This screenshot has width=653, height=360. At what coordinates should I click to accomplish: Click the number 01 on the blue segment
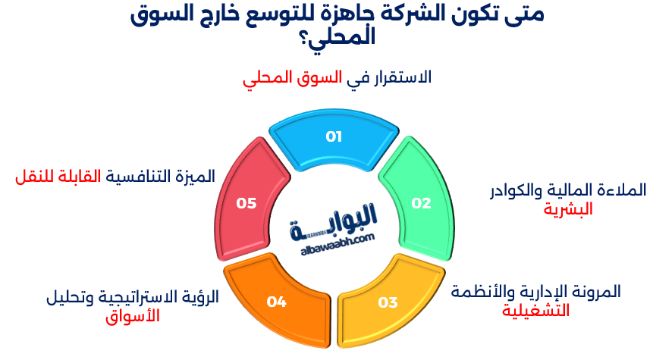[x=334, y=136]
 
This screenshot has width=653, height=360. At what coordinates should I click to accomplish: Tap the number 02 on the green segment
[x=421, y=203]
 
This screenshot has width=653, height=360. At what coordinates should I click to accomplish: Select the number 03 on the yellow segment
[x=388, y=302]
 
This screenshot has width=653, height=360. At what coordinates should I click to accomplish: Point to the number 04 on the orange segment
[x=276, y=302]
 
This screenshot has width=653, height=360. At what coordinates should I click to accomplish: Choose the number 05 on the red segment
[x=246, y=203]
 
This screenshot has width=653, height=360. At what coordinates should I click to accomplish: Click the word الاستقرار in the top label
[x=398, y=77]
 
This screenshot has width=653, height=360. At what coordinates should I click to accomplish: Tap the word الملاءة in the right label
[x=623, y=189]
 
